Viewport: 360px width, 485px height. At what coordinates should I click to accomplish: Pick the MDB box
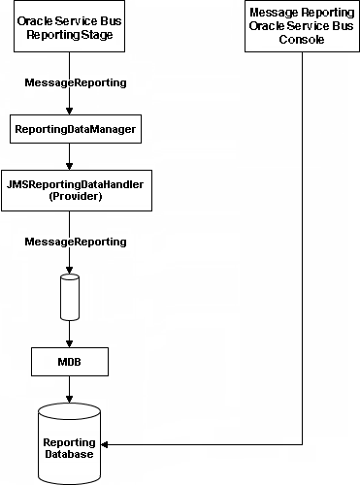click(69, 363)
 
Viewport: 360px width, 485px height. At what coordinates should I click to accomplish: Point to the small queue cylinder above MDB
click(69, 298)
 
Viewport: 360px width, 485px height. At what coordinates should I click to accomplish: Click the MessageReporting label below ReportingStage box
click(75, 82)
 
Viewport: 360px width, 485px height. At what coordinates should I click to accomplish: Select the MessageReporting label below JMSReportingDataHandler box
click(75, 241)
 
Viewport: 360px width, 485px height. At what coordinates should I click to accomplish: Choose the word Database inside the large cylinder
click(69, 454)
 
